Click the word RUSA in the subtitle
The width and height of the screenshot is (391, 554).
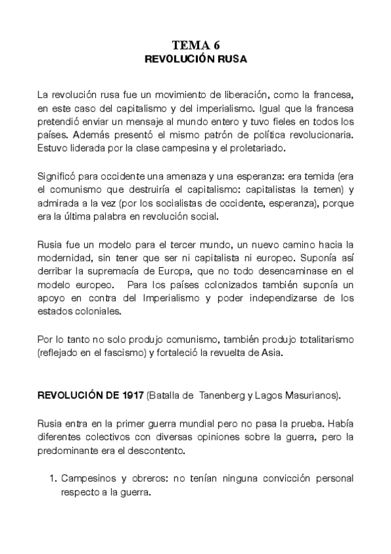click(x=230, y=59)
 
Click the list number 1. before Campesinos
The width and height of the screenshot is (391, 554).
click(x=54, y=479)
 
